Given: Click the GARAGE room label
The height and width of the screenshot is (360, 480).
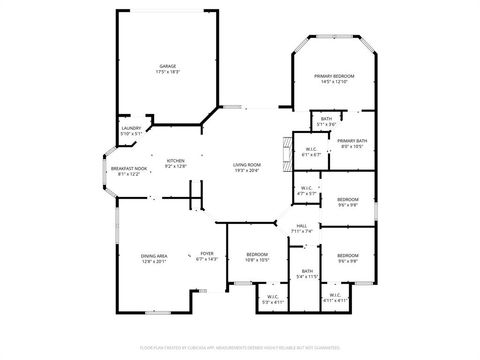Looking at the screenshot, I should click(x=166, y=67).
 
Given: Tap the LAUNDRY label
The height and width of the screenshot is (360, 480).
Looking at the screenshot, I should click(x=131, y=128).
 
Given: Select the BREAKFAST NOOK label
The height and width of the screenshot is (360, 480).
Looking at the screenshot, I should click(x=129, y=168).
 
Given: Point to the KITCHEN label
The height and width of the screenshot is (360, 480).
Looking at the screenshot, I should click(x=176, y=160).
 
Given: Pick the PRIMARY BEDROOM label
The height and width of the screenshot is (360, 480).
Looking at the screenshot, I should click(x=334, y=77).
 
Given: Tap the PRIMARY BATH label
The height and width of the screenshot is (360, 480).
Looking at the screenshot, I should click(x=352, y=141).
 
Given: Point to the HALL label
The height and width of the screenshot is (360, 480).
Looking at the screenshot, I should click(x=302, y=226).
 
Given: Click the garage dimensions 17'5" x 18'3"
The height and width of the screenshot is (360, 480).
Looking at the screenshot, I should click(x=166, y=73).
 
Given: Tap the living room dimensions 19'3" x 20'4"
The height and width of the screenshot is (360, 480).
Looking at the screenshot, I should click(x=247, y=171).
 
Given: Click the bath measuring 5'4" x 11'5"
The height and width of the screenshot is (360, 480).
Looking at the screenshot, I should click(x=307, y=273).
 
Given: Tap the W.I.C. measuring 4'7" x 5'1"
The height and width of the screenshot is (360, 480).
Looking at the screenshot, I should click(x=308, y=191).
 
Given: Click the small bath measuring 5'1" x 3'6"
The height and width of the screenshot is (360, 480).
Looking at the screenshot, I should click(x=327, y=122).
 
